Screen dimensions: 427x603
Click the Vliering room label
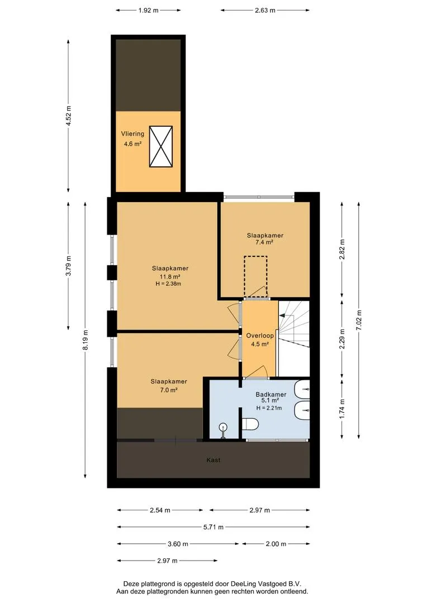(x=132, y=134)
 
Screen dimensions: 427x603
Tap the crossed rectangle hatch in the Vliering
(x=161, y=146)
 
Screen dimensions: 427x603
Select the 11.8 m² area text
(x=170, y=276)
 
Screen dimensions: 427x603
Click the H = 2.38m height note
(x=168, y=284)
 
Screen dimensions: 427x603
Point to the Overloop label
(x=260, y=336)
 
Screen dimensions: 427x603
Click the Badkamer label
(x=271, y=395)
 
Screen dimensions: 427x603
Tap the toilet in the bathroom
(x=250, y=424)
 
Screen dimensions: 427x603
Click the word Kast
(x=214, y=460)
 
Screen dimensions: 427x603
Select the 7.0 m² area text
(x=168, y=390)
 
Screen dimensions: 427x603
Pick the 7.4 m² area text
(x=264, y=242)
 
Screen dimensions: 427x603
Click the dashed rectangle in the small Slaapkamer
(x=255, y=277)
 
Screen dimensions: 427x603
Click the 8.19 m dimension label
(x=85, y=340)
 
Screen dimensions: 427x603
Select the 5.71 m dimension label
(x=214, y=527)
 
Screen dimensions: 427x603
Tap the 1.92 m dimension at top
(x=148, y=11)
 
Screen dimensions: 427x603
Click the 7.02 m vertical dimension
(x=358, y=320)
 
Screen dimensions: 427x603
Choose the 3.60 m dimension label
(x=178, y=544)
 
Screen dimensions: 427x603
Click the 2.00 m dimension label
(x=276, y=544)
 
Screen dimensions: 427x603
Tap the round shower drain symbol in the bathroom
(x=223, y=427)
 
